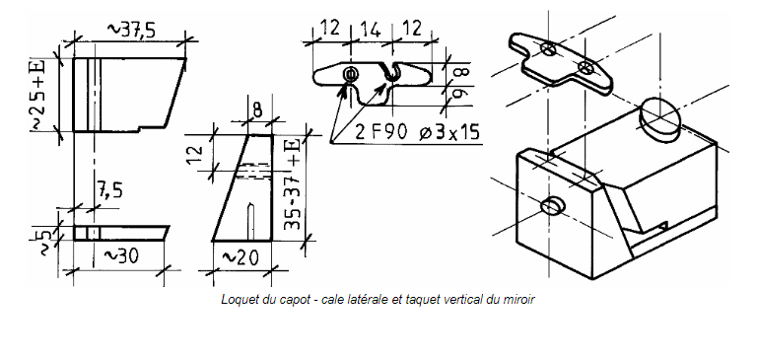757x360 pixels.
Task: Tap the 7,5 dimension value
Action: coord(110,191)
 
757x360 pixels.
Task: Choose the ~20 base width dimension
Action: coord(240,258)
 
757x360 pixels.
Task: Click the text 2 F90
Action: coord(380,132)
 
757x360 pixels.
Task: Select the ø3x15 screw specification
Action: coord(450,132)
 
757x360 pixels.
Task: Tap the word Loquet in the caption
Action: coord(236,300)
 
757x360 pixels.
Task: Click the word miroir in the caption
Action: coord(521,300)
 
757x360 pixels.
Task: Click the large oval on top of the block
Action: coord(660,116)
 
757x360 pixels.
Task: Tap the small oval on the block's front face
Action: coord(552,206)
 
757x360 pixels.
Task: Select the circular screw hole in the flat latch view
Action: coord(351,74)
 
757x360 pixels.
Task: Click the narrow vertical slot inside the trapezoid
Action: coord(250,221)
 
